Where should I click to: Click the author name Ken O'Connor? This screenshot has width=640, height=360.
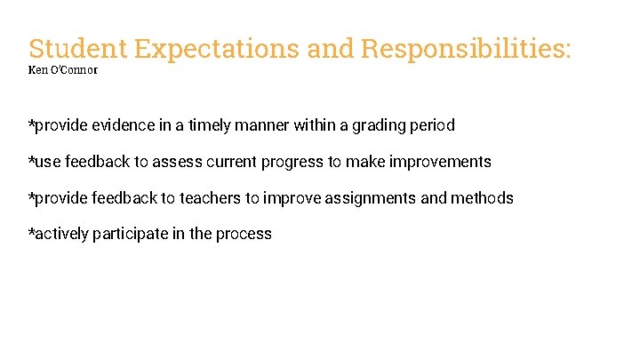click(x=63, y=69)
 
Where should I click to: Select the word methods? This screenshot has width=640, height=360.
click(x=482, y=198)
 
